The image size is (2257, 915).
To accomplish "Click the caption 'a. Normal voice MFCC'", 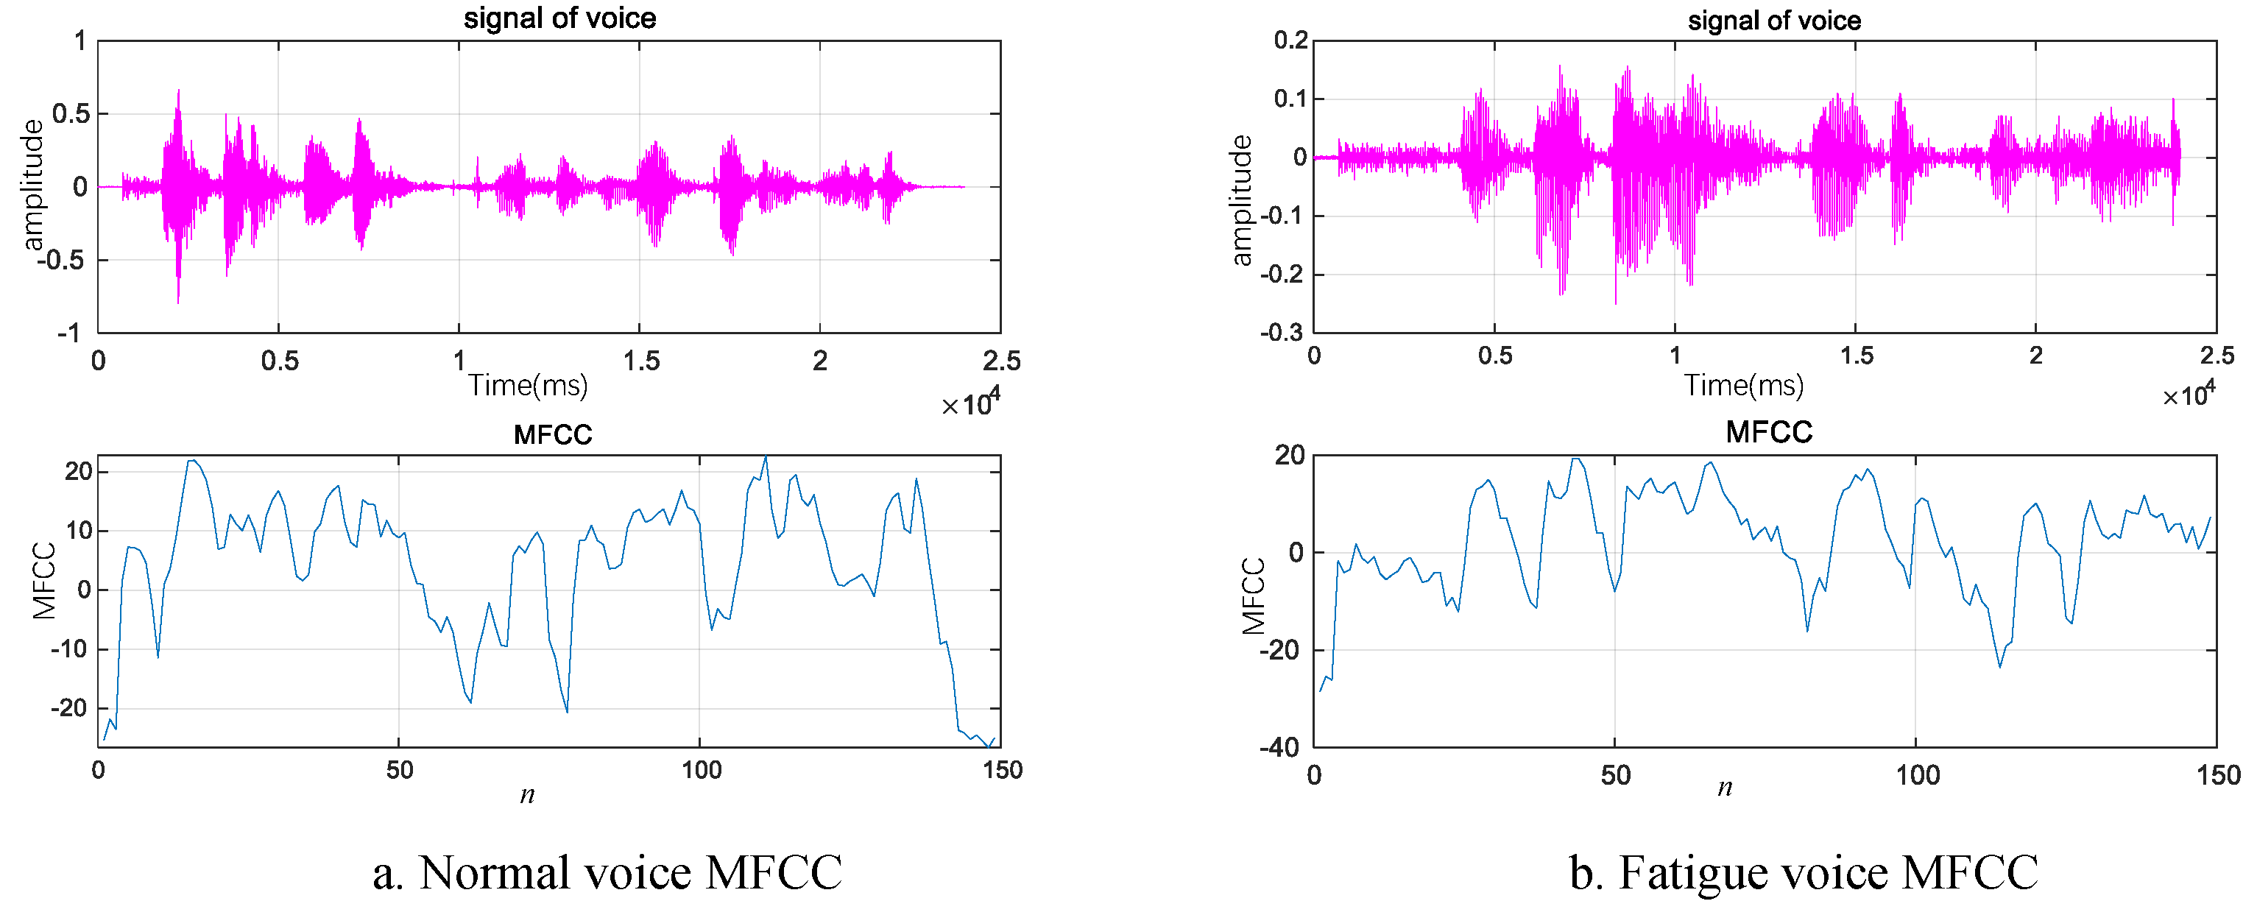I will (607, 872).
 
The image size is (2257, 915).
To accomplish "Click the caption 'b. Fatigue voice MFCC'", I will (1803, 872).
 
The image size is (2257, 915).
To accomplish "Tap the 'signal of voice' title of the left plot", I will (560, 18).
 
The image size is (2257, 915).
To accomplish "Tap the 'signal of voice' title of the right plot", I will (1774, 20).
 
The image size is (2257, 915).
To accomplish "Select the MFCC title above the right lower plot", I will (1768, 432).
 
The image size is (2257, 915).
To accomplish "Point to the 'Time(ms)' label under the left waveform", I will (528, 385).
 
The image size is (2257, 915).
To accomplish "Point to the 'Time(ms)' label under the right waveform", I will (1744, 385).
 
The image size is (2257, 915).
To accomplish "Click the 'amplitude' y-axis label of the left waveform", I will (32, 185).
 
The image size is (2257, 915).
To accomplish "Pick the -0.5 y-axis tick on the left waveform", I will (63, 261).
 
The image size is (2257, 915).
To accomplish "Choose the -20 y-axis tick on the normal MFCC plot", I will (71, 708).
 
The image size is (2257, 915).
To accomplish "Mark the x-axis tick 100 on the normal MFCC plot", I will (701, 771).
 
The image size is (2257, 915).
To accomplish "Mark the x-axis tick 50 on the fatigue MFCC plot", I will (1615, 775).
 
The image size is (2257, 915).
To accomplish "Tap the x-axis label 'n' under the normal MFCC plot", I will (528, 795).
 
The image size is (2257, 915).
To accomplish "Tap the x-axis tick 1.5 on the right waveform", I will (1857, 355).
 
